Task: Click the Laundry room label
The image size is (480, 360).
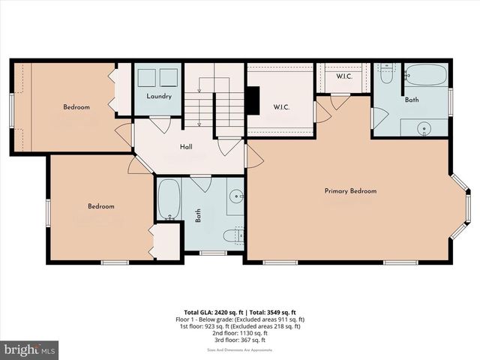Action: coord(158,96)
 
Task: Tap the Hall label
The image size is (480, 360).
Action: coord(187,147)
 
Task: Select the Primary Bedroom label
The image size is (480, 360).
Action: coord(350,191)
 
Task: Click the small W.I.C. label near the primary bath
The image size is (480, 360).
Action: coord(344,76)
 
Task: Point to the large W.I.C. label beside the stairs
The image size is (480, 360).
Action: coord(281,106)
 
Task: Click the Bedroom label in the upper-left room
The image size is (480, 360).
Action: coord(76,107)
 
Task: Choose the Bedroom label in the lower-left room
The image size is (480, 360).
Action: coord(100,206)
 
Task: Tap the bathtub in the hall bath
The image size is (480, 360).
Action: coord(169,199)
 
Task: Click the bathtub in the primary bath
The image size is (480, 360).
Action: coord(425,76)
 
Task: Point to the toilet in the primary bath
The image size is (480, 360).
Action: coord(386,73)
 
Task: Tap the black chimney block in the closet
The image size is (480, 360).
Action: coord(253,100)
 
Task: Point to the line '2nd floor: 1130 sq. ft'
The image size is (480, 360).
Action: coord(239,334)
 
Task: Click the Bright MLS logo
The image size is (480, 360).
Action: coord(29,349)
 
